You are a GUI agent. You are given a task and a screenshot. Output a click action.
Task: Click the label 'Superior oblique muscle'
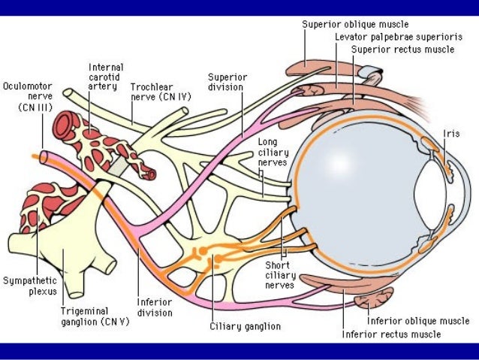click(x=355, y=24)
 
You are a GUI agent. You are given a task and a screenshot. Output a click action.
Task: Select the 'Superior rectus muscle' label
click(x=402, y=50)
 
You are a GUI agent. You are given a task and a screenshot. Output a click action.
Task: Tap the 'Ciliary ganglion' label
click(x=245, y=327)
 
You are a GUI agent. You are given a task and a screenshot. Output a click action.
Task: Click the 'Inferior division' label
click(x=154, y=307)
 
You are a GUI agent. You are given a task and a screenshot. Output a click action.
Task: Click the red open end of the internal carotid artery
click(x=149, y=174)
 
